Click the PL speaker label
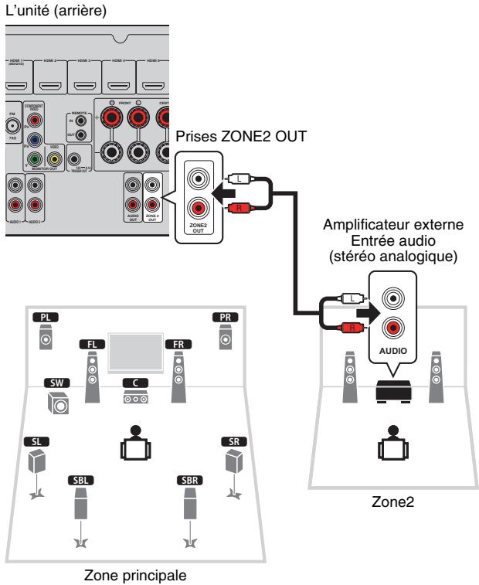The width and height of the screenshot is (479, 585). tap(47, 317)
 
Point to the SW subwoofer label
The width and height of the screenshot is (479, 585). tap(56, 383)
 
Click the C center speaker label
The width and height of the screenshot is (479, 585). tap(134, 383)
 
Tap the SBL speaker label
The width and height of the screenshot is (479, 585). tap(81, 479)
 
